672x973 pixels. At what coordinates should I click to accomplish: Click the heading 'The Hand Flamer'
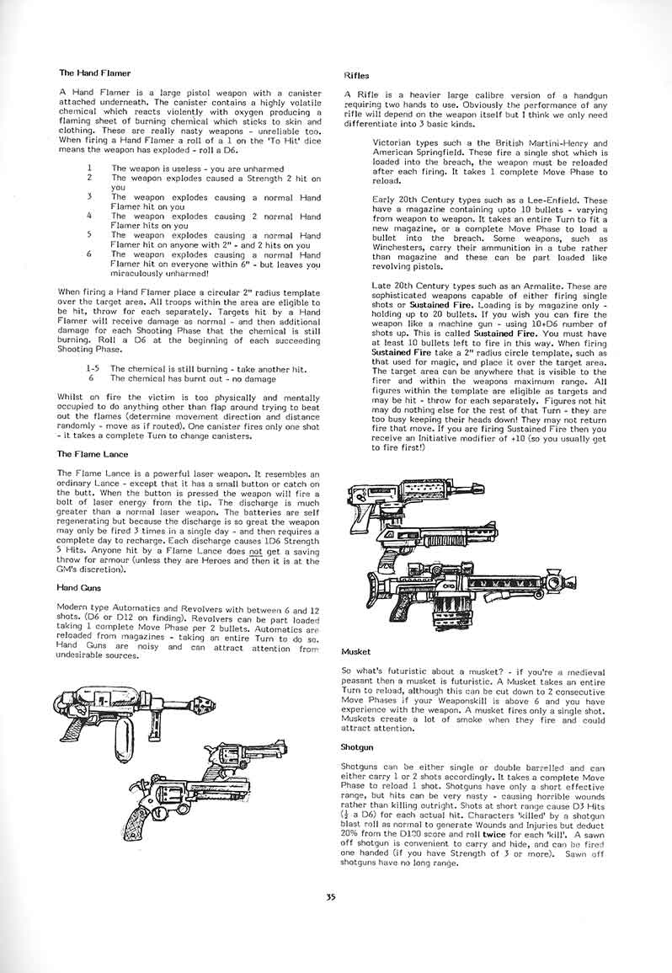click(94, 73)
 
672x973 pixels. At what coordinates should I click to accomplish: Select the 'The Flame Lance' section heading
click(93, 454)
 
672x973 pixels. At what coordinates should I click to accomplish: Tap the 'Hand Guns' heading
click(79, 586)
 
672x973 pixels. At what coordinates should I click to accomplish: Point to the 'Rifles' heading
click(357, 76)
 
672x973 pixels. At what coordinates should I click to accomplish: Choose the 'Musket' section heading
click(357, 651)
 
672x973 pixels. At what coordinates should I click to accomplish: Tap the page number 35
click(331, 898)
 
